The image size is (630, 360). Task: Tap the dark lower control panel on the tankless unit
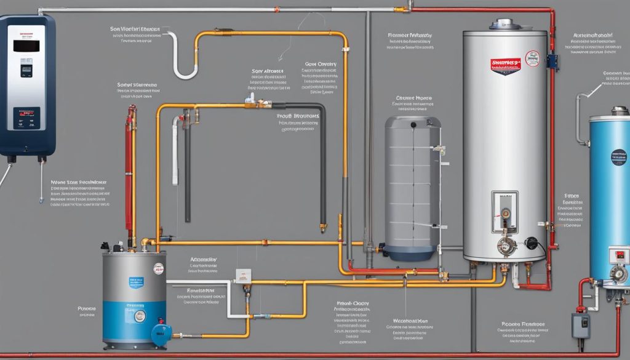coord(26,118)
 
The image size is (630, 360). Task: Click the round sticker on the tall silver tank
coord(532,59)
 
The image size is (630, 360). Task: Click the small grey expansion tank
coord(412,185)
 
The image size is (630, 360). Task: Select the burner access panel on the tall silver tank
coord(504,210)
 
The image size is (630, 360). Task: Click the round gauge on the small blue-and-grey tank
coord(140,316)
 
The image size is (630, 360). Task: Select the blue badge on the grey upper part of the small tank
coord(136,282)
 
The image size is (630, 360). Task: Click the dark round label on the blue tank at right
coord(618,156)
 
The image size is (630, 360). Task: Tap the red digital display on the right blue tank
coord(620,254)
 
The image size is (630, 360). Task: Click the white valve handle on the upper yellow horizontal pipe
coord(250,98)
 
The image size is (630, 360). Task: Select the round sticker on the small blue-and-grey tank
coord(159,269)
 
